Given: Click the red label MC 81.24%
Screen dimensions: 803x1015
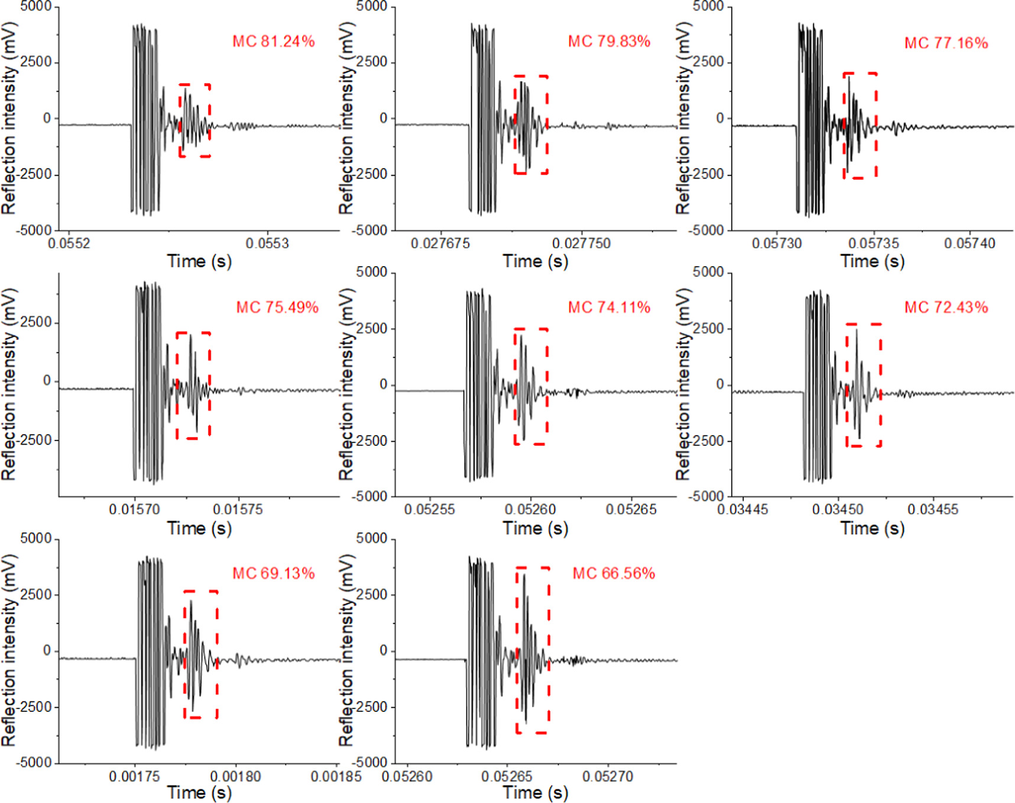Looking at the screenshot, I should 273,41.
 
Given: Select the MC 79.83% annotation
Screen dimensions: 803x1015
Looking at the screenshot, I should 609,41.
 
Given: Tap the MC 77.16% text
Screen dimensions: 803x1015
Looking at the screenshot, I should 946,43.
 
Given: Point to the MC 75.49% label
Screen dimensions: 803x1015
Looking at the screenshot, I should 277,307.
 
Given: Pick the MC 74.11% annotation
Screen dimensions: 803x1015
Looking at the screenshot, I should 609,307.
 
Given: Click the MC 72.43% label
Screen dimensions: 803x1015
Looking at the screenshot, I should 946,307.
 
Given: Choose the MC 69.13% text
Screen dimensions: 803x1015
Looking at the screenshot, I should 273,574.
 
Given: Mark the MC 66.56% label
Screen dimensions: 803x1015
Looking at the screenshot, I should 614,574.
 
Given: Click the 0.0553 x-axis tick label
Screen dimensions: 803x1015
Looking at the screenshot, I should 267,244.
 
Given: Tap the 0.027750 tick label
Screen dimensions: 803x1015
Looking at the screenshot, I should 581,244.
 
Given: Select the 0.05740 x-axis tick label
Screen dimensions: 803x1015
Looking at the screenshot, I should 969,244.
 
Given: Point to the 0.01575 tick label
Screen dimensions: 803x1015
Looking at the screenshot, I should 238,510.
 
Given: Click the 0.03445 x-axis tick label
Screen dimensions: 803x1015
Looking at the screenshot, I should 742,510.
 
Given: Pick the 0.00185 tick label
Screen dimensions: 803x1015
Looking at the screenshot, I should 336,776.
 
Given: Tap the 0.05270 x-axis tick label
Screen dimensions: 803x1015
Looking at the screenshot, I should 608,776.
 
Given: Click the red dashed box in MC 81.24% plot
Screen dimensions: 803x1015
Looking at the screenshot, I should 195,121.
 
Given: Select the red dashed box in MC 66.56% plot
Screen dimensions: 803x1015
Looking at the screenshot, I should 533,650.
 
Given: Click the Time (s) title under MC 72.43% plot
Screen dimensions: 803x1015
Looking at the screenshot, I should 873,528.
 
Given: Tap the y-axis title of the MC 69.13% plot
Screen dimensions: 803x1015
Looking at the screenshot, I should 9,650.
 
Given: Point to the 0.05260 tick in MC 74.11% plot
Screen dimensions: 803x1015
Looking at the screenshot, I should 530,510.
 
